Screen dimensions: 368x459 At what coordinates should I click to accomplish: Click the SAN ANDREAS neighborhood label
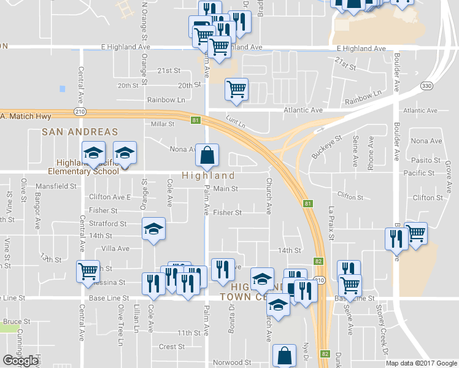[x=79, y=132]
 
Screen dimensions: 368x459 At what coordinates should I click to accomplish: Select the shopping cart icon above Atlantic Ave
[x=236, y=90]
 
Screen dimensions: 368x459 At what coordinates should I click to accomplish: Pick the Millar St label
[x=163, y=124]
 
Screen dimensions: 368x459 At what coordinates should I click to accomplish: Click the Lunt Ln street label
[x=235, y=120]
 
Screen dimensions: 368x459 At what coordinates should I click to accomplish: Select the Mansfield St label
[x=55, y=185]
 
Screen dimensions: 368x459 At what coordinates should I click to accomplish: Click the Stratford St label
[x=107, y=224]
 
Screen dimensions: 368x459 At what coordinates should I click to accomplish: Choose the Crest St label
[x=168, y=347]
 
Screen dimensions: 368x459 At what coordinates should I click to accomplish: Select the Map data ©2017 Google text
[x=421, y=363]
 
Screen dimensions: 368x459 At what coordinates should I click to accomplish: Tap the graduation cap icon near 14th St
[x=154, y=229]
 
